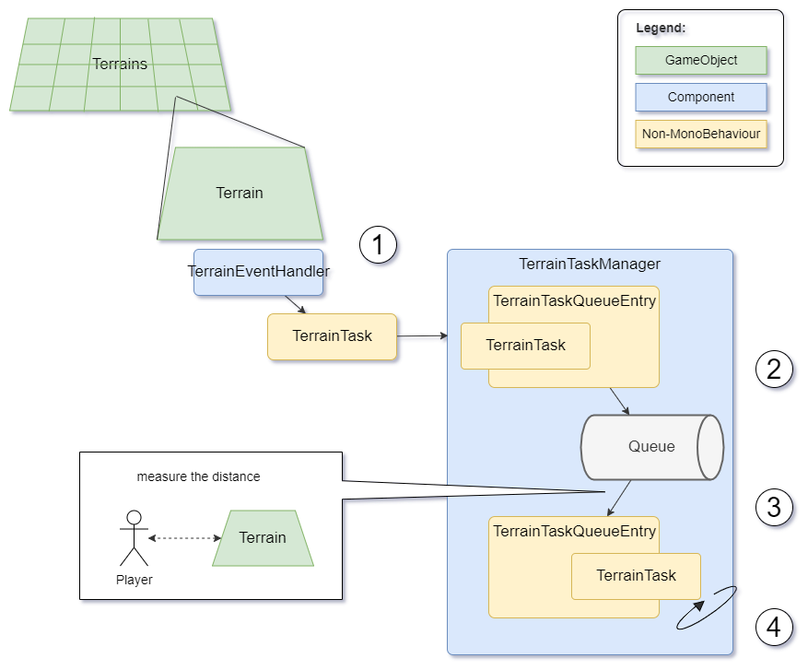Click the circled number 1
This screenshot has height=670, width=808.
coord(378,245)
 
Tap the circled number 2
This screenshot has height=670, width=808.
coord(774,369)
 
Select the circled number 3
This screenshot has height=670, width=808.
coord(774,506)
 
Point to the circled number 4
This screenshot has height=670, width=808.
coord(774,627)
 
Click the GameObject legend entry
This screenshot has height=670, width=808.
coord(701,60)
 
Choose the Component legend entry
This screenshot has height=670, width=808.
coord(701,97)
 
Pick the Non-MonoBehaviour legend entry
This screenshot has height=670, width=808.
coord(701,134)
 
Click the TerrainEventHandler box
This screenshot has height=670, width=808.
coord(258,272)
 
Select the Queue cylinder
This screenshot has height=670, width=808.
coord(651,447)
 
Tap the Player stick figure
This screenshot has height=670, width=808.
coord(134,538)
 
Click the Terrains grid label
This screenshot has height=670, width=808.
coord(120,64)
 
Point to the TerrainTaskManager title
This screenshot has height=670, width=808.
coord(590,264)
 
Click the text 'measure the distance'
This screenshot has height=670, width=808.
coord(198,476)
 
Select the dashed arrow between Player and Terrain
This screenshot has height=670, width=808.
coord(185,538)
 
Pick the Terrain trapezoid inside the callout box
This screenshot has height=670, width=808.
coord(263,538)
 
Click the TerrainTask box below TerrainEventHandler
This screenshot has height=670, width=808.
coord(332,336)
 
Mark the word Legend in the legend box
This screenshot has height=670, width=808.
coord(661,28)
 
